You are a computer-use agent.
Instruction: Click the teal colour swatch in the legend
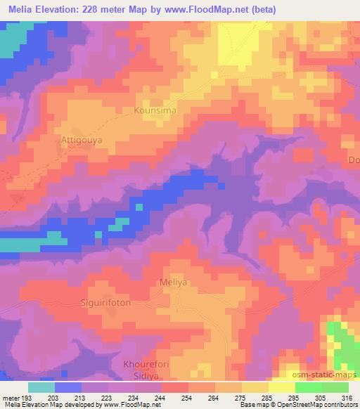point(41,387)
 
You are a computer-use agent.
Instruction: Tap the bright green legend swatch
point(309,387)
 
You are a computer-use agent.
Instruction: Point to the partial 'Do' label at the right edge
point(354,160)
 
